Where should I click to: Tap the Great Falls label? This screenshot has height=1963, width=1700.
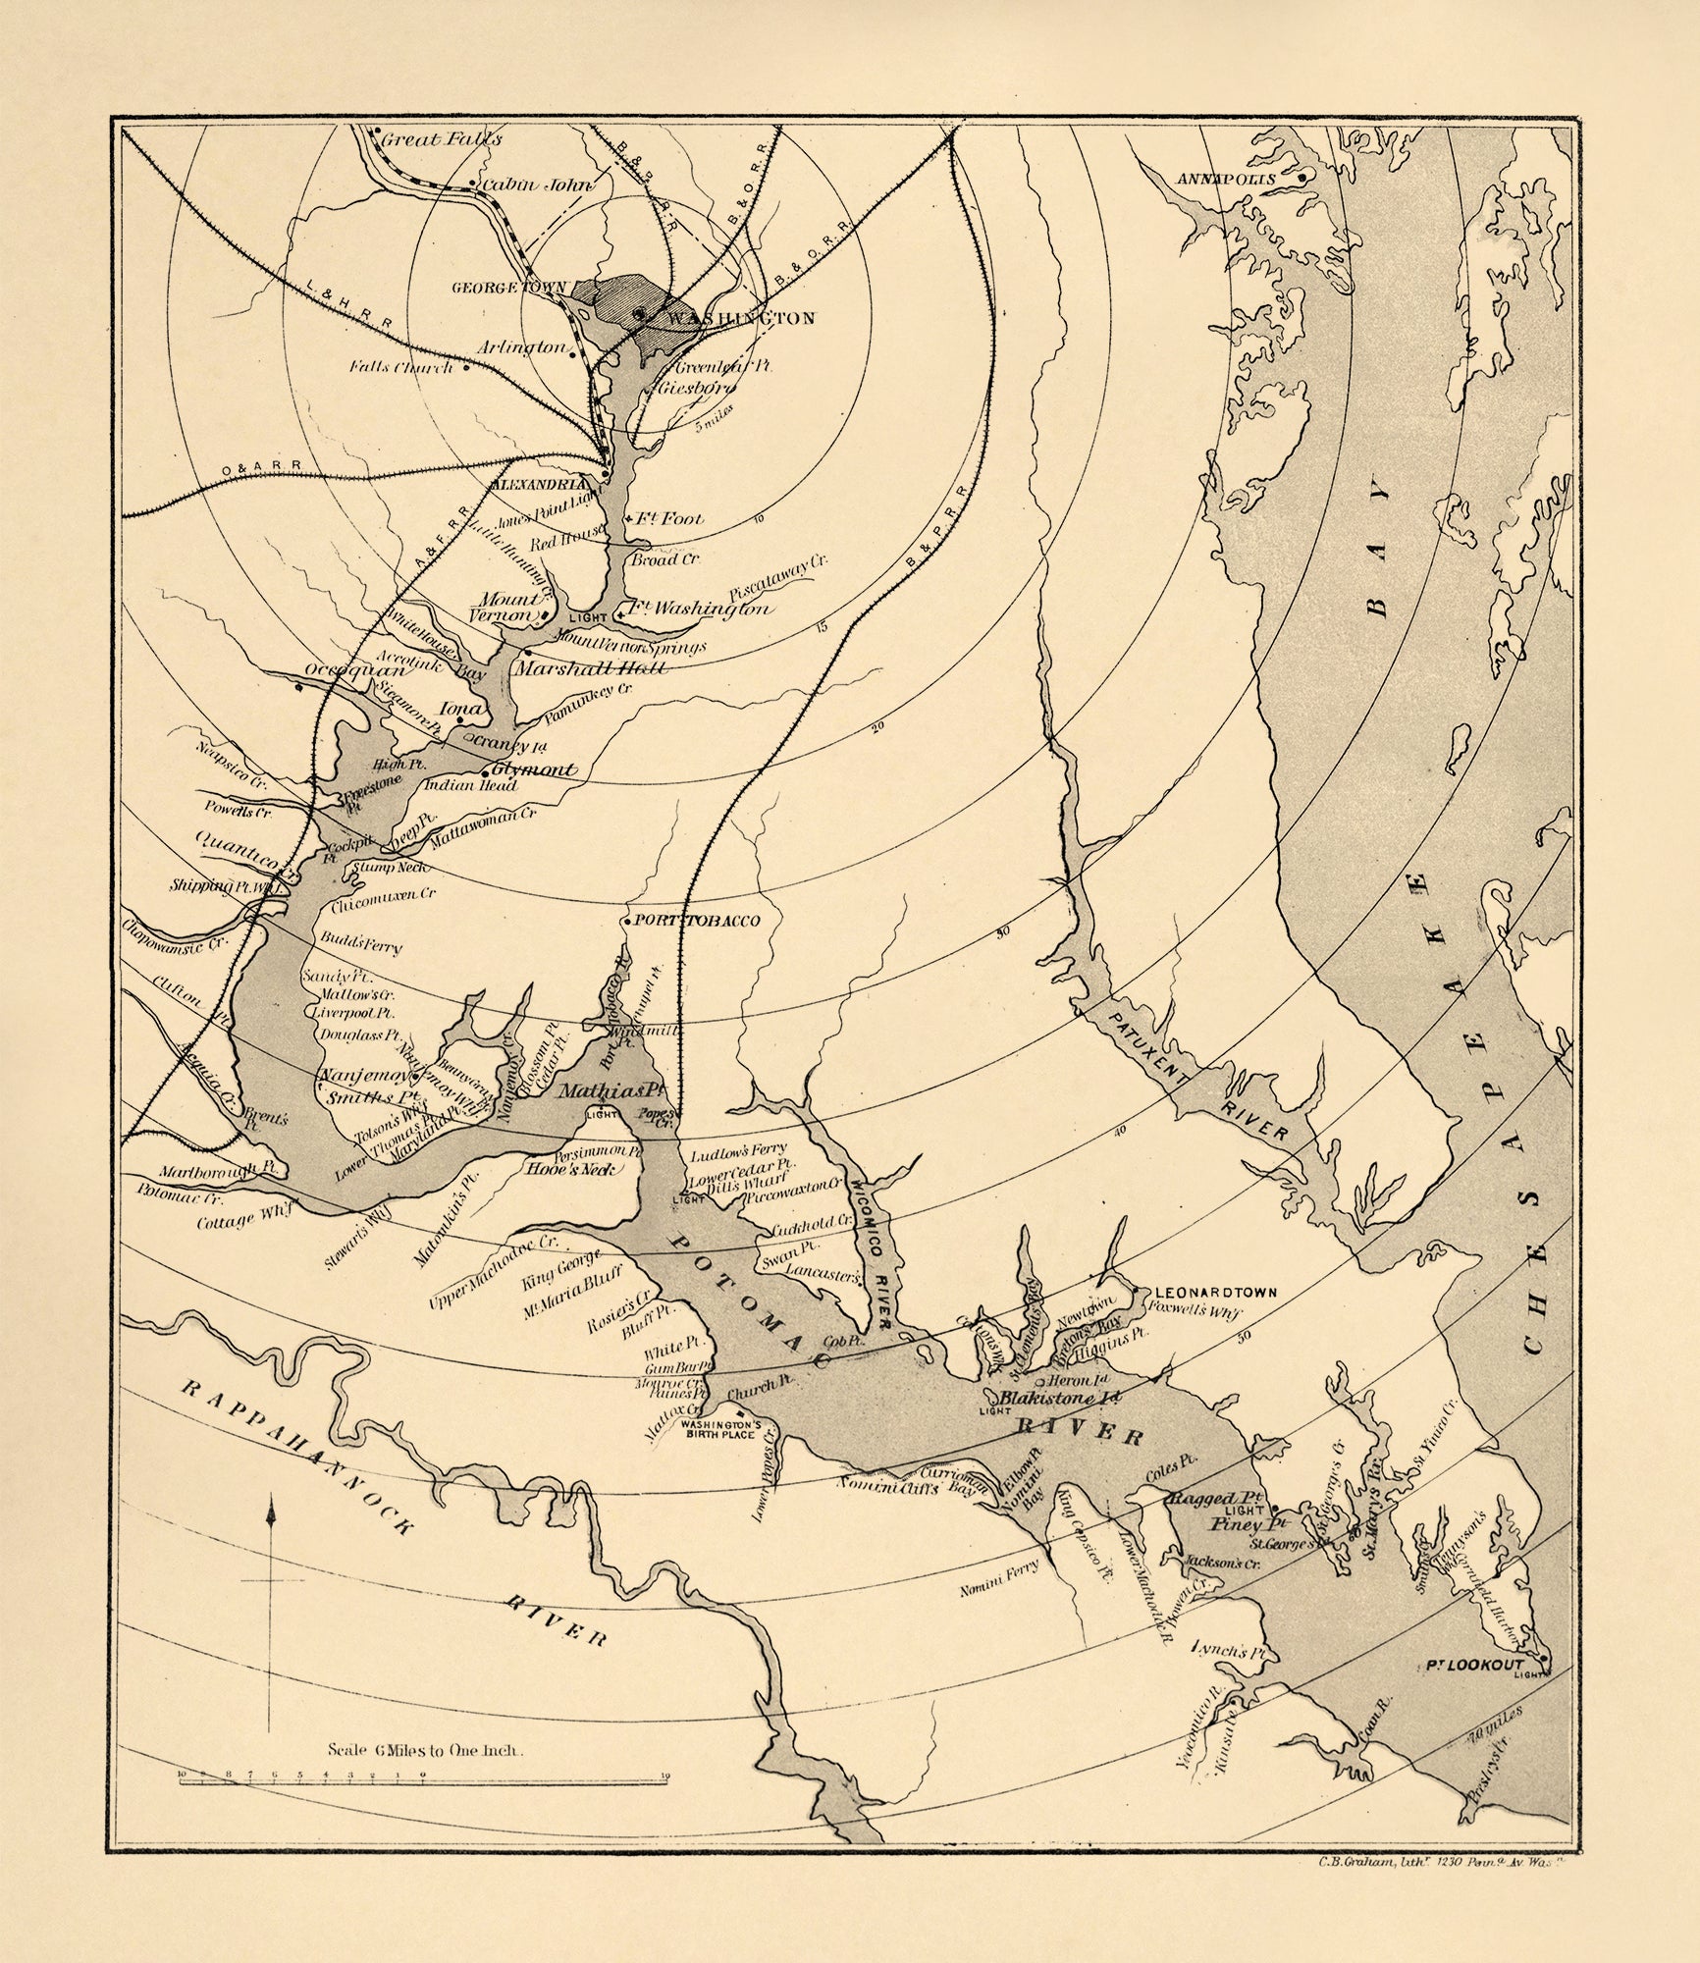click(441, 139)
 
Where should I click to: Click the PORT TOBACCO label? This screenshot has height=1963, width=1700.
click(699, 921)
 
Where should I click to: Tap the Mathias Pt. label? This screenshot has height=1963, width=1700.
click(599, 1090)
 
